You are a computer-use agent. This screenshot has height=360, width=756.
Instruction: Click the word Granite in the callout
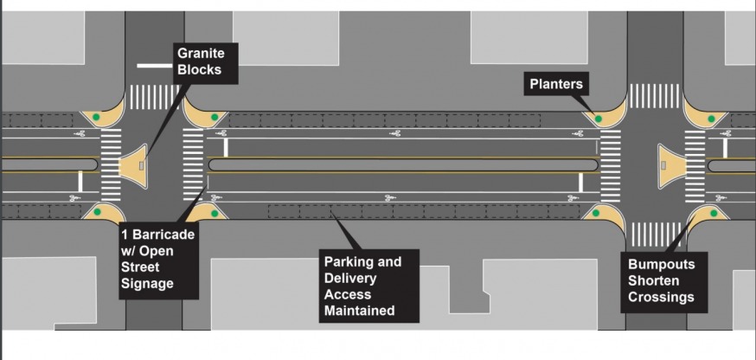(201, 54)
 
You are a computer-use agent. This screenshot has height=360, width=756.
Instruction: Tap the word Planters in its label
(557, 84)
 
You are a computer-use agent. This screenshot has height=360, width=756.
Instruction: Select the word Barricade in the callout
(164, 235)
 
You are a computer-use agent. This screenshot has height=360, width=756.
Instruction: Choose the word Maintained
(359, 310)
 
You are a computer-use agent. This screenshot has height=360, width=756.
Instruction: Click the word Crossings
(661, 297)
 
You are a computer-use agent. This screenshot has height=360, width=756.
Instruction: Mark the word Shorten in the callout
(655, 280)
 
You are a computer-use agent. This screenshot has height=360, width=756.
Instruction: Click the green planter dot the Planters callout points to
(597, 118)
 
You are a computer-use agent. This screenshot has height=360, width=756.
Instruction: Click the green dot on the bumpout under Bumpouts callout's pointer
(714, 213)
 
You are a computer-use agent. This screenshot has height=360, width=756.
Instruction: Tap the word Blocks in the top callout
(197, 70)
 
